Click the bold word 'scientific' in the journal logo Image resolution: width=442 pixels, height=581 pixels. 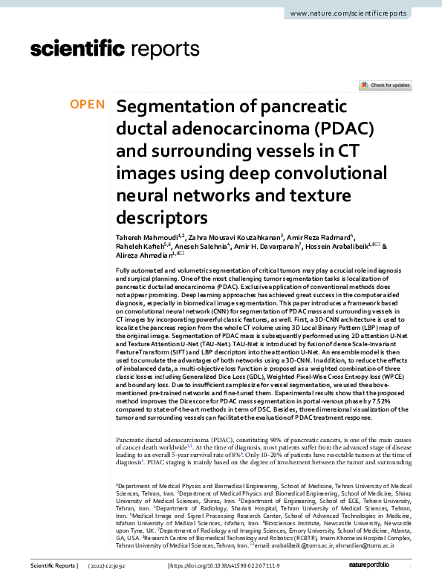point(77,49)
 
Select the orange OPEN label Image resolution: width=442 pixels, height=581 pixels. point(87,105)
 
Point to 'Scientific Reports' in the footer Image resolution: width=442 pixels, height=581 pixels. point(51,567)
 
